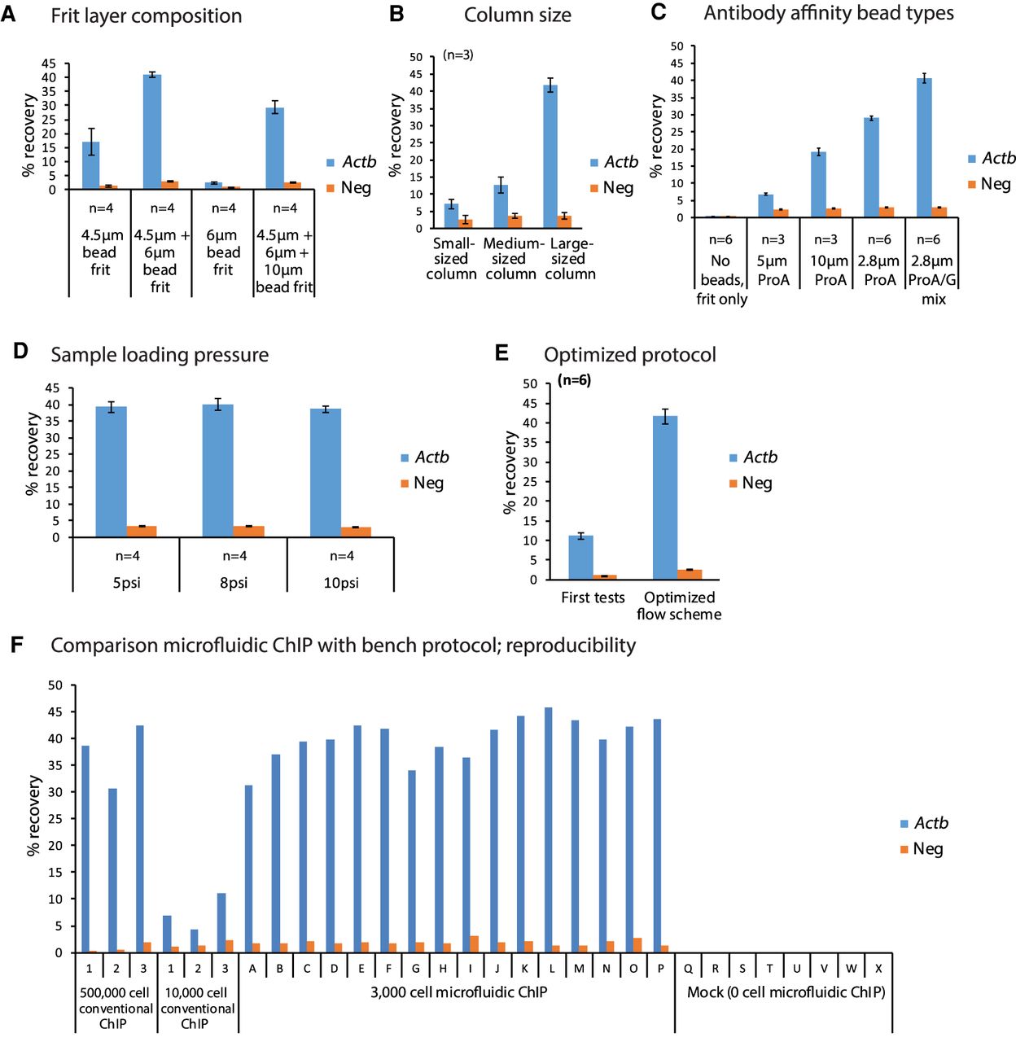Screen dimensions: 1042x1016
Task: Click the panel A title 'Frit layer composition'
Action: pyautogui.click(x=146, y=16)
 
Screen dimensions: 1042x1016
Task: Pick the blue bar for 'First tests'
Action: pyautogui.click(x=580, y=558)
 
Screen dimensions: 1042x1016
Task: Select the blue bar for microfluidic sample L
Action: pyautogui.click(x=549, y=830)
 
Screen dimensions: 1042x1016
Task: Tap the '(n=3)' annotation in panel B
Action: pyautogui.click(x=458, y=55)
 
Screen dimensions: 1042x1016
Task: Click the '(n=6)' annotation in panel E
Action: pyautogui.click(x=574, y=380)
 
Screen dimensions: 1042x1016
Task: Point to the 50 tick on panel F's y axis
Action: pyautogui.click(x=55, y=685)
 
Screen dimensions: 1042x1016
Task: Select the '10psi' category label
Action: pyautogui.click(x=341, y=583)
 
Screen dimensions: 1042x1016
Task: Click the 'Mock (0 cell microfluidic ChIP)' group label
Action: pyautogui.click(x=786, y=992)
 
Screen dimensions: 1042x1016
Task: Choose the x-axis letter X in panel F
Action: pyautogui.click(x=878, y=969)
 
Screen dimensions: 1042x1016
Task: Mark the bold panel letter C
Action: pyautogui.click(x=659, y=12)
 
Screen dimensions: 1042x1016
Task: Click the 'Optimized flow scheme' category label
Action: pyautogui.click(x=679, y=606)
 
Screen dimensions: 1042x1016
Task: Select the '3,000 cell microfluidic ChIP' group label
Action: pyautogui.click(x=458, y=992)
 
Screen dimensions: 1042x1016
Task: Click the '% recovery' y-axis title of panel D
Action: pyautogui.click(x=33, y=453)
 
